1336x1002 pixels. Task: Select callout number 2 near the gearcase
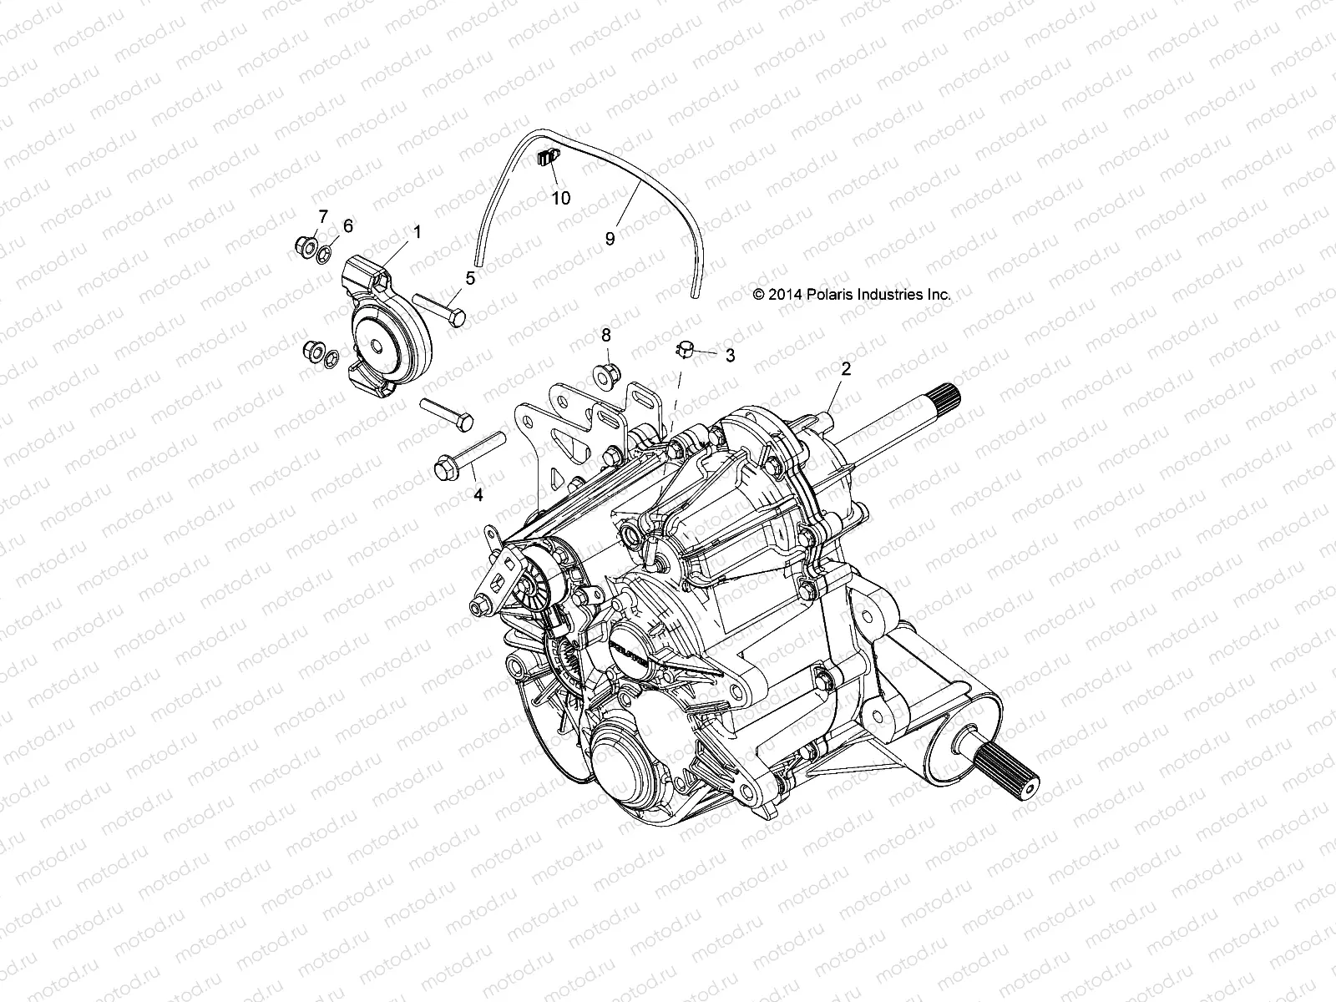845,369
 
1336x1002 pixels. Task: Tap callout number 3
730,356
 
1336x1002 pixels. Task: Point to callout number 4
478,495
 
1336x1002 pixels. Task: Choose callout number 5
470,278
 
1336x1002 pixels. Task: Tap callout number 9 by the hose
610,239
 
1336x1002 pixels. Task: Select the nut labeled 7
304,245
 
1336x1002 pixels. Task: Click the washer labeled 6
328,248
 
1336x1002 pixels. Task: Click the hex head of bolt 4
443,467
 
